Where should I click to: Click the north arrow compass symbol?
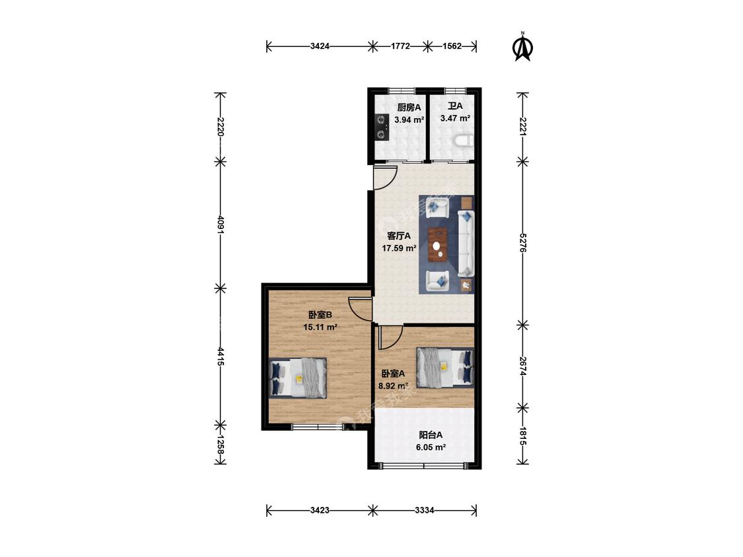[x=523, y=47]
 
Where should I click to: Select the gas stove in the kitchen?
[x=381, y=127]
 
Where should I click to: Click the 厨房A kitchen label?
[x=409, y=108]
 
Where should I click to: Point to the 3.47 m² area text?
[x=455, y=118]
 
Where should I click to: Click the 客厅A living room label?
[x=399, y=236]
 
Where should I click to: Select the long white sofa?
[x=466, y=244]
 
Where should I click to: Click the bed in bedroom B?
[x=298, y=377]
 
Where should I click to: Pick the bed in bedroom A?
[x=445, y=368]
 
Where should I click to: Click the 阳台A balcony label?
[x=431, y=435]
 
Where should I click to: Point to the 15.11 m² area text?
[x=320, y=326]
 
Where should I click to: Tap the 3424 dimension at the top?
[x=320, y=46]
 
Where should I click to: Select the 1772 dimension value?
[x=400, y=46]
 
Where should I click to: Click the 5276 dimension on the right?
[x=522, y=242]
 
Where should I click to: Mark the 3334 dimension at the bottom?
[x=425, y=510]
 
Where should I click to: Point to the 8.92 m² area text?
[x=394, y=385]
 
